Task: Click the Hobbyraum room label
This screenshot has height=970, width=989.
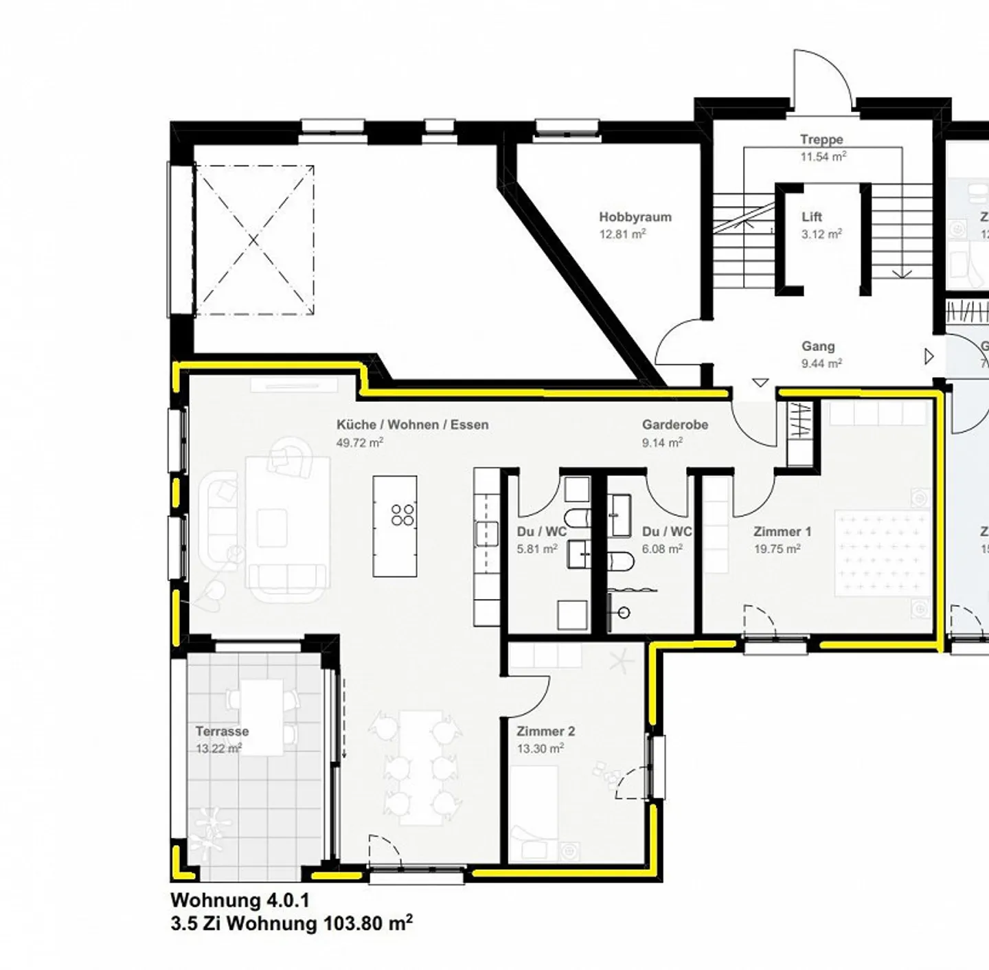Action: (x=635, y=217)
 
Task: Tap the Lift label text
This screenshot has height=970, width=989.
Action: (x=812, y=217)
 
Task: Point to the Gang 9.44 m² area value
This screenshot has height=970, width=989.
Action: (x=821, y=363)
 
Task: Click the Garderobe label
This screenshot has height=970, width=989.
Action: (x=674, y=425)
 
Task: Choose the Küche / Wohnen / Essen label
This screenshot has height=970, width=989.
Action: (x=412, y=425)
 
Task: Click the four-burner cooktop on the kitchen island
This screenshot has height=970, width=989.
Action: (x=402, y=515)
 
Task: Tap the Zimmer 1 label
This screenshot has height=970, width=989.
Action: (x=782, y=531)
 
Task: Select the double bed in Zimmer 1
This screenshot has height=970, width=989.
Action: (x=881, y=552)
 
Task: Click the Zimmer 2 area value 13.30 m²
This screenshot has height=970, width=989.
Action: (x=541, y=749)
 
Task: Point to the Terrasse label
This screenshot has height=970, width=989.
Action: (x=221, y=731)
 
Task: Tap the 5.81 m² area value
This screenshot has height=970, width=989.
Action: (x=537, y=549)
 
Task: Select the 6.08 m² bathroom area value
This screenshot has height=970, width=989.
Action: (x=662, y=549)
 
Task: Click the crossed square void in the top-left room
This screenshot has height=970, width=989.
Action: (x=254, y=240)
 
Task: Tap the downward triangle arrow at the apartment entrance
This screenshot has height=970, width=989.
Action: (x=760, y=382)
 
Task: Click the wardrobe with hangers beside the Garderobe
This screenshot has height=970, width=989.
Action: (x=799, y=420)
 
